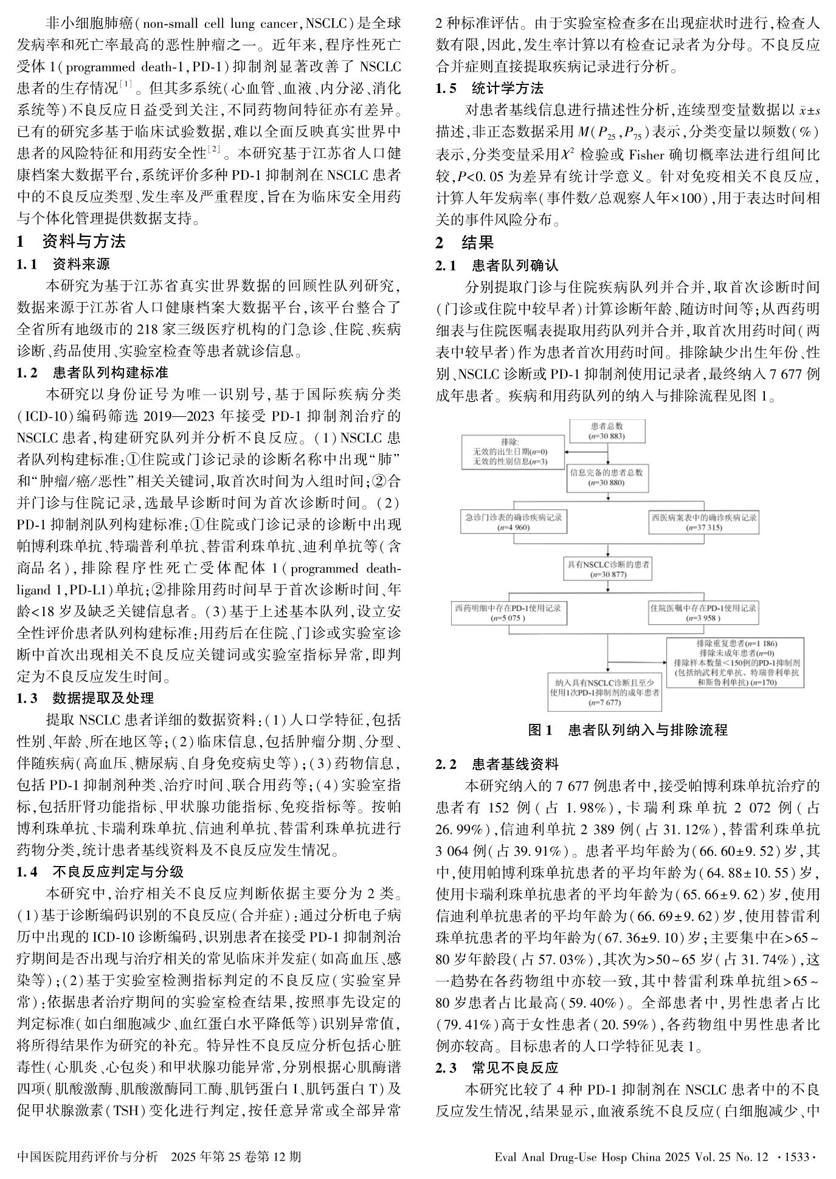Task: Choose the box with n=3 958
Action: [x=703, y=613]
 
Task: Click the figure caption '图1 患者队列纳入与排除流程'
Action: [x=627, y=730]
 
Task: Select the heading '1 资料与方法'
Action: [x=71, y=241]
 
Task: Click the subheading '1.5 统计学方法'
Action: [x=490, y=88]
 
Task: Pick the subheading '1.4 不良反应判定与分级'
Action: [x=100, y=872]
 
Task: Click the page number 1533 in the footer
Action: [x=797, y=1157]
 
